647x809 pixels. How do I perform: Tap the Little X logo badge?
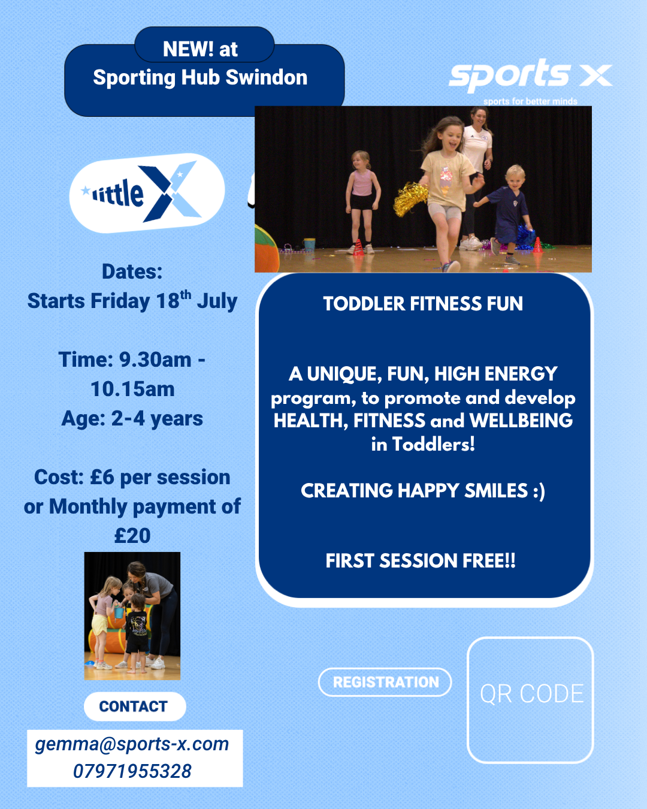[x=147, y=193]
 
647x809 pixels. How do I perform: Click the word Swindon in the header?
[x=267, y=77]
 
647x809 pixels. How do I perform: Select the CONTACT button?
[x=135, y=707]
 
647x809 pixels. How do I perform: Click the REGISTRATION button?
[x=385, y=682]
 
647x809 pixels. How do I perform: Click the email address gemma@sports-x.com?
[x=132, y=744]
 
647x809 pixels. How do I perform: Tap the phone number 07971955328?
[x=132, y=771]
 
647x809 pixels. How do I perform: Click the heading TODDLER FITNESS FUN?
[x=423, y=304]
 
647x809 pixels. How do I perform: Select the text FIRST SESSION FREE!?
[x=421, y=560]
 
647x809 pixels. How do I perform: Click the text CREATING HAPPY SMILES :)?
[x=423, y=491]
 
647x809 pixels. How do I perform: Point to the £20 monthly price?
[x=132, y=535]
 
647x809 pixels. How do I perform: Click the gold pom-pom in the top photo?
[x=410, y=198]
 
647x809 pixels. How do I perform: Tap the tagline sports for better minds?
[x=530, y=101]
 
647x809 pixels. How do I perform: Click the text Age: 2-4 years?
[x=132, y=419]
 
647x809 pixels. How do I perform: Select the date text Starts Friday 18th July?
[x=132, y=301]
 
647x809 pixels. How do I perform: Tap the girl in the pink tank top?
[x=362, y=201]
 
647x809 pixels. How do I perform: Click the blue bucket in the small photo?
[x=119, y=612]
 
